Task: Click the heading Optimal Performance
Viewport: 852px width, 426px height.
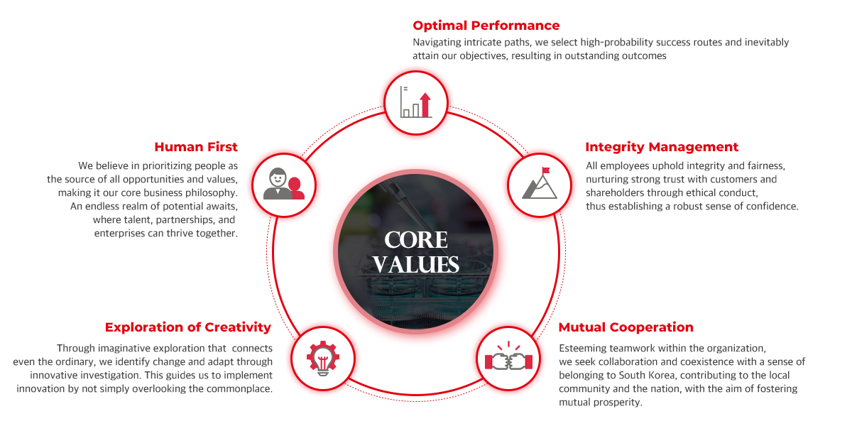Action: (x=486, y=26)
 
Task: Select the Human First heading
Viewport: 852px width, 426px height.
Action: (x=196, y=147)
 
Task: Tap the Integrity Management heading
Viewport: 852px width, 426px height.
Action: (x=662, y=147)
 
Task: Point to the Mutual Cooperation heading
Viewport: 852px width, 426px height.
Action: (x=626, y=327)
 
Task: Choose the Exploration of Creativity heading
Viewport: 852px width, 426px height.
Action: (x=188, y=327)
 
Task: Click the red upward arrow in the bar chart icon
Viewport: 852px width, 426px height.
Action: (x=425, y=104)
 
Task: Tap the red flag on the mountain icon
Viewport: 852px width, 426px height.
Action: (x=546, y=170)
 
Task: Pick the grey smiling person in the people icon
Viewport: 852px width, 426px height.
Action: (x=278, y=184)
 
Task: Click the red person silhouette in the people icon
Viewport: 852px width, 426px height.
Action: (x=296, y=188)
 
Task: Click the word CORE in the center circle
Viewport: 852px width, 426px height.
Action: (x=416, y=240)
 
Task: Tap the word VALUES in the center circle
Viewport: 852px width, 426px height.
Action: (x=416, y=264)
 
